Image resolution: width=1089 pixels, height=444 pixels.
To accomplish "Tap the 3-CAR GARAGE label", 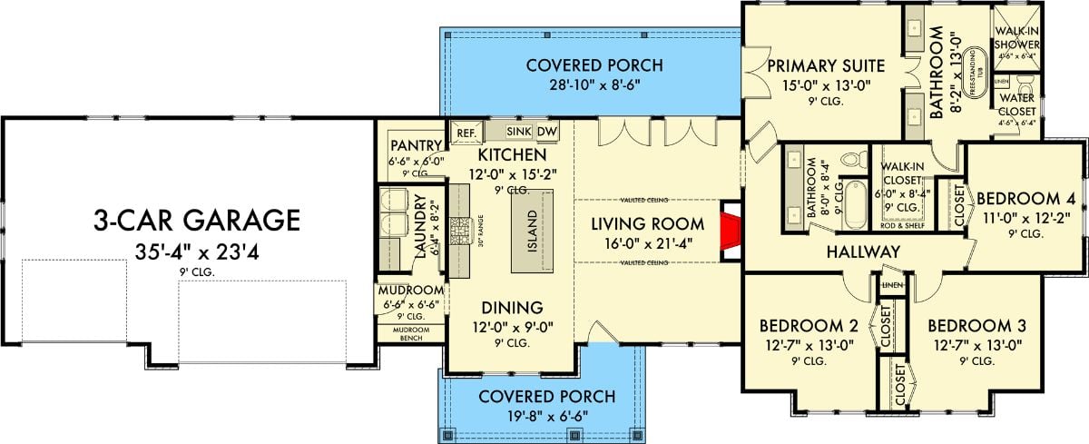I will click(196, 220).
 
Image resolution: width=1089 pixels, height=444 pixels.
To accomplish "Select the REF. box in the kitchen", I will click(466, 133).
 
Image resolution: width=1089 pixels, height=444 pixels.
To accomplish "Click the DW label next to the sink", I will click(546, 132).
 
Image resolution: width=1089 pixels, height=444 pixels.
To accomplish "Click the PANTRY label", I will click(415, 146).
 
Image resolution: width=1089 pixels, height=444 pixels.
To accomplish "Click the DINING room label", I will click(513, 307).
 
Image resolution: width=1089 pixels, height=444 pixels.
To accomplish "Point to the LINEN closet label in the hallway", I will click(889, 286).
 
